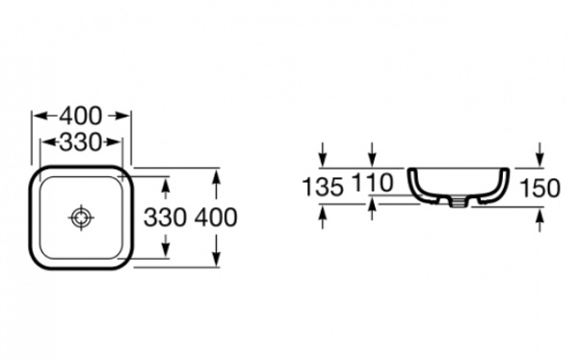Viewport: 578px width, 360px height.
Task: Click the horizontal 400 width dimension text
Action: point(81,116)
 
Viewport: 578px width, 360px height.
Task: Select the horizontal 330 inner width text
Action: point(80,142)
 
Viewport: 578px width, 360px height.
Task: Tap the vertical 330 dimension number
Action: point(165,217)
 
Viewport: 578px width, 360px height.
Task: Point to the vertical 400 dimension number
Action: point(216,217)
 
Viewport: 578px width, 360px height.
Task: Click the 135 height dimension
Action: point(323,187)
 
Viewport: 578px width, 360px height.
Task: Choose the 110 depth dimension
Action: point(373,183)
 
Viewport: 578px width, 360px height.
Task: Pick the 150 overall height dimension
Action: point(539,188)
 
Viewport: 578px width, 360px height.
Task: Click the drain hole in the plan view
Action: point(81,218)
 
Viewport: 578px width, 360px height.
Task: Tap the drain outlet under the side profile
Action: point(458,202)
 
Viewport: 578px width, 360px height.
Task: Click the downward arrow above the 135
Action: point(323,154)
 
